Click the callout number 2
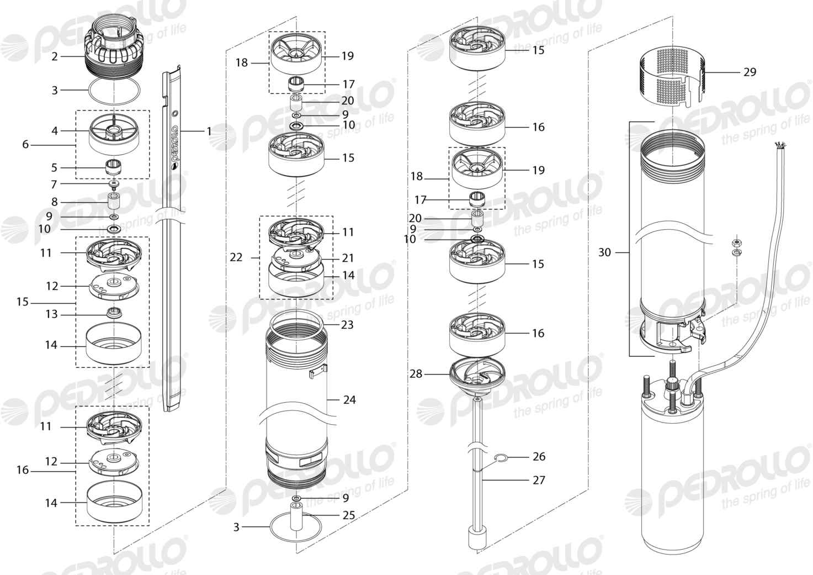(55, 57)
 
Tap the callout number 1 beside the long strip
(209, 131)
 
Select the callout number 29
(750, 72)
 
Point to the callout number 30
(605, 252)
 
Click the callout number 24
(349, 399)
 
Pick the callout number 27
(539, 480)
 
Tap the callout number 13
(51, 314)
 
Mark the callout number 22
(236, 257)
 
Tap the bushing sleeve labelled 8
(114, 201)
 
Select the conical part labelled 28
(477, 378)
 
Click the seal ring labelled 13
(114, 313)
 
